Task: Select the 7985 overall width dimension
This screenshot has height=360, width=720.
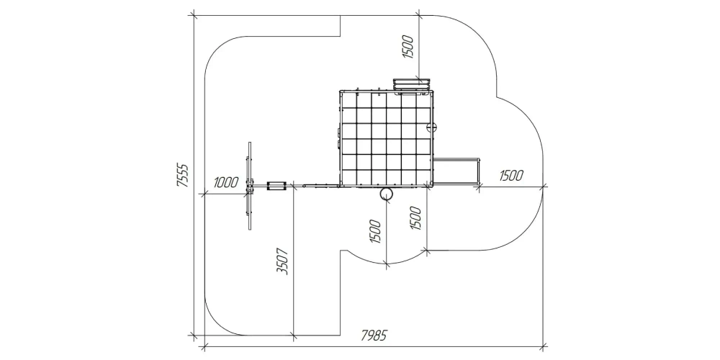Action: (x=373, y=336)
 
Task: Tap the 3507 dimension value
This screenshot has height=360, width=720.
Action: (x=283, y=261)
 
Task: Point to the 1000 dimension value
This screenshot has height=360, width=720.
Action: (x=226, y=183)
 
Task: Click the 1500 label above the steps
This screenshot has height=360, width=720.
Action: (x=408, y=47)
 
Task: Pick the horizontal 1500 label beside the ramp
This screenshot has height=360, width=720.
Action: (x=511, y=176)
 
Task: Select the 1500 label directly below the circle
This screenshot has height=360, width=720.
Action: (x=374, y=231)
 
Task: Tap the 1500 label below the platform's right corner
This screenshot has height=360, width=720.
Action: (x=415, y=219)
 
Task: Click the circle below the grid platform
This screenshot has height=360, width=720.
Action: (x=386, y=194)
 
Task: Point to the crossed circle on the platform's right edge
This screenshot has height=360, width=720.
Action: (x=431, y=127)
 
